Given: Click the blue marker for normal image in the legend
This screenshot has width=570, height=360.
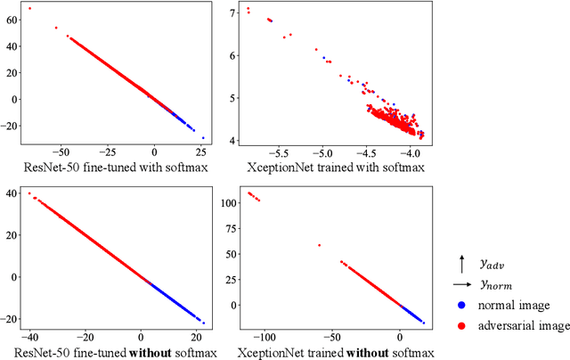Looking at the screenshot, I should [x=461, y=305].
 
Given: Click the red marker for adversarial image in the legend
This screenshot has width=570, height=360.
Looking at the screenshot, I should [x=461, y=326].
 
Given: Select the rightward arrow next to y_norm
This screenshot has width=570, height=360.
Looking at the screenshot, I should [x=461, y=284].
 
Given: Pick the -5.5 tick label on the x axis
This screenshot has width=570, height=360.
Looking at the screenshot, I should [x=279, y=152].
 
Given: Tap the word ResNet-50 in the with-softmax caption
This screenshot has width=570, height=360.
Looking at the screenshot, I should [x=58, y=166].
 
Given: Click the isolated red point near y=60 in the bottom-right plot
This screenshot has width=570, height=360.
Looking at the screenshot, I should [x=319, y=245].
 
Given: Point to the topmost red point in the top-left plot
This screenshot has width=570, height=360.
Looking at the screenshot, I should [x=29, y=9].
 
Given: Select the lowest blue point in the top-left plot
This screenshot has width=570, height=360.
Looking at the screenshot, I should [x=203, y=138].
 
